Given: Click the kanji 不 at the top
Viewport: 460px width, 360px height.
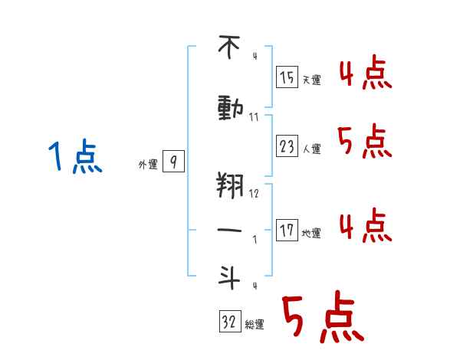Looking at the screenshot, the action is (229, 47).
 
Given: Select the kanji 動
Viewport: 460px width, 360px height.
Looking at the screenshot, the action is (230, 109).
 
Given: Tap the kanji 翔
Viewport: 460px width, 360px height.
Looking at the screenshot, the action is (230, 185).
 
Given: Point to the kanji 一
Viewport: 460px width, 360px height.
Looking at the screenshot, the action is (229, 230).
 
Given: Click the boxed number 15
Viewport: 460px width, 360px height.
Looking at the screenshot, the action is (287, 77).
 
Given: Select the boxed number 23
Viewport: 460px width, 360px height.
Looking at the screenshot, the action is (287, 146).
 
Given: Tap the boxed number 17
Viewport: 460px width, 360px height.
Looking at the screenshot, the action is (287, 231).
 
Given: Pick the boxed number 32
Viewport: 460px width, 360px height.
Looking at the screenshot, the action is (230, 321).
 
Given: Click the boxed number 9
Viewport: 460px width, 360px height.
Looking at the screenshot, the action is (174, 162).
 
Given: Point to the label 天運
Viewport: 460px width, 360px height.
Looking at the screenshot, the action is (312, 80).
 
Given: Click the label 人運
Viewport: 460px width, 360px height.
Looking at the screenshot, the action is (312, 149).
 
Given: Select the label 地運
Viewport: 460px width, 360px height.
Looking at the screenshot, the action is (311, 234).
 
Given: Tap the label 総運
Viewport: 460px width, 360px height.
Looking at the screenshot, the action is (255, 324).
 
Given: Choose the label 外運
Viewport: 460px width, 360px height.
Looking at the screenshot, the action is (148, 165).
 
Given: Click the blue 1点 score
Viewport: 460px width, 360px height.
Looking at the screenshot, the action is (75, 156).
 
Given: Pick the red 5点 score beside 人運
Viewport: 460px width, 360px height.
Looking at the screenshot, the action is (365, 141).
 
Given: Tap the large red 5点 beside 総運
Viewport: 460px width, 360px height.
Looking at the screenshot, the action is (324, 316).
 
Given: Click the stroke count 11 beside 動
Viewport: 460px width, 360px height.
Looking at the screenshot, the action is (254, 117).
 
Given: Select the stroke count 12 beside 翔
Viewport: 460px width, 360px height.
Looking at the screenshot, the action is (254, 194).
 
